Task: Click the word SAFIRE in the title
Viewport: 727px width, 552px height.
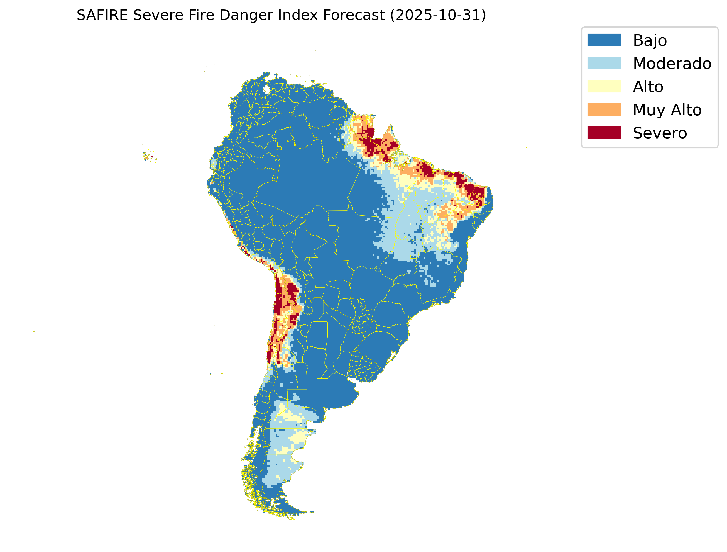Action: pos(102,15)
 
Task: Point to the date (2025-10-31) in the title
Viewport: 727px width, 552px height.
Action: pos(438,15)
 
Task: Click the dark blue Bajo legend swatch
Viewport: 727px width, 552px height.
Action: pos(604,40)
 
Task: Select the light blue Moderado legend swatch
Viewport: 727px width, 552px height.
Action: pos(604,63)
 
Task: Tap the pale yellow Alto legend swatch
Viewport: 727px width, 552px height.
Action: pos(604,86)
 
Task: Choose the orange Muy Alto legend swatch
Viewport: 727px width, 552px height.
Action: pos(604,109)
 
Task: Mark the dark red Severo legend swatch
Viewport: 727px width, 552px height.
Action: pos(604,133)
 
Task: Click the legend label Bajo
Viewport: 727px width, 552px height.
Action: pos(650,40)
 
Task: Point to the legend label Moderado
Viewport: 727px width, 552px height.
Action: pos(672,63)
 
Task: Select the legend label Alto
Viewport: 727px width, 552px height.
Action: pos(648,87)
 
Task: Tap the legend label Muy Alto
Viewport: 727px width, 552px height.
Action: pos(667,110)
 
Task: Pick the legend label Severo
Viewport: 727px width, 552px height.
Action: pos(660,133)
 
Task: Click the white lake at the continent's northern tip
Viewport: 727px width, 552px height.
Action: pos(267,89)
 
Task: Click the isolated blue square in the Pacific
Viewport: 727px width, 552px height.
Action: pos(210,374)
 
